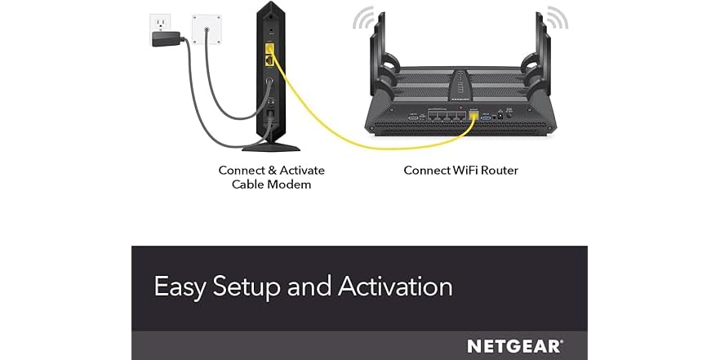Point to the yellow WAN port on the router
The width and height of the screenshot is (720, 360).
pyautogui.click(x=473, y=116)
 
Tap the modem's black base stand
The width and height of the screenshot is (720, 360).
pyautogui.click(x=271, y=146)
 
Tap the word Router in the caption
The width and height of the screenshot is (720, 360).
pyautogui.click(x=497, y=171)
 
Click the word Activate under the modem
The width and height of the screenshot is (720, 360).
pyautogui.click(x=302, y=171)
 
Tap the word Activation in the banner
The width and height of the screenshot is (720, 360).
pyautogui.click(x=395, y=287)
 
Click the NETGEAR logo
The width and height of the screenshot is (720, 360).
pyautogui.click(x=513, y=346)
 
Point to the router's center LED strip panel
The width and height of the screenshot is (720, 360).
pyautogui.click(x=462, y=86)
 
